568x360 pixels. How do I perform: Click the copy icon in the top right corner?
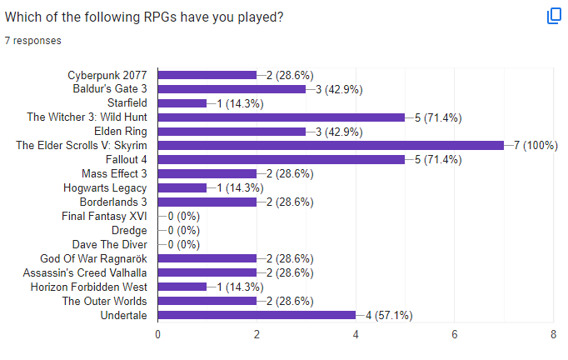click(554, 17)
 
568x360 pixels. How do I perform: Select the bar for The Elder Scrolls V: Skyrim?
click(331, 145)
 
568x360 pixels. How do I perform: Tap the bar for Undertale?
click(257, 315)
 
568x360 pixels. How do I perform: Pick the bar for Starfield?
click(182, 102)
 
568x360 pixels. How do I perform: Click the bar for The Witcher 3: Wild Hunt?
click(281, 117)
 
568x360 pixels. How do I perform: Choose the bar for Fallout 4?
click(281, 159)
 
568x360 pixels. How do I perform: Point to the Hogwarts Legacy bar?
click(182, 187)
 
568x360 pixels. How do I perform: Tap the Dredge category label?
click(129, 230)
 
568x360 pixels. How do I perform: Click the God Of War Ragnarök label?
click(94, 258)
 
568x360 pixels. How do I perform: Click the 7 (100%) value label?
click(535, 145)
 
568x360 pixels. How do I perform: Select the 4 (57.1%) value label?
click(389, 315)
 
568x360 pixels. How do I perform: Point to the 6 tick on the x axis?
click(455, 334)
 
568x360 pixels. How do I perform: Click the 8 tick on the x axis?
click(554, 334)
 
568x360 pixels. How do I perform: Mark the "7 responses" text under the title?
click(32, 39)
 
